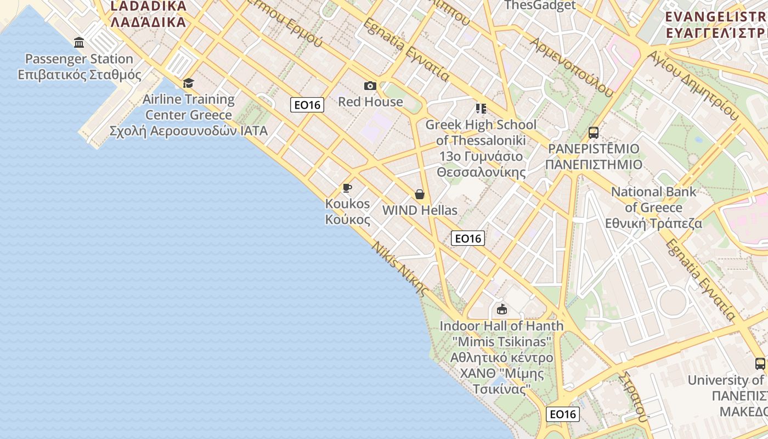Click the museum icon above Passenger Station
pos(79,43)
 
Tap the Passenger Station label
pos(79,67)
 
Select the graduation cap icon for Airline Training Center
pos(189,83)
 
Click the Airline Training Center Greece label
pos(189,115)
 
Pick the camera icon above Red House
pos(370,86)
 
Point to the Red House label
pos(370,102)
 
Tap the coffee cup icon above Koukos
pos(347,188)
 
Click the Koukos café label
pos(348,211)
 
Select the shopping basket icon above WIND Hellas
pos(420,194)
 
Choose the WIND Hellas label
pos(420,210)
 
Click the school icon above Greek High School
pos(481,109)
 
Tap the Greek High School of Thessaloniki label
pos(481,148)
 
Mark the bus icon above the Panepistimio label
pos(593,132)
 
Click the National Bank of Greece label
pos(654,207)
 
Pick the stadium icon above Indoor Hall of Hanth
pos(501,309)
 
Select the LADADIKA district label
pos(148,14)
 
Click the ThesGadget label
pos(540,5)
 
